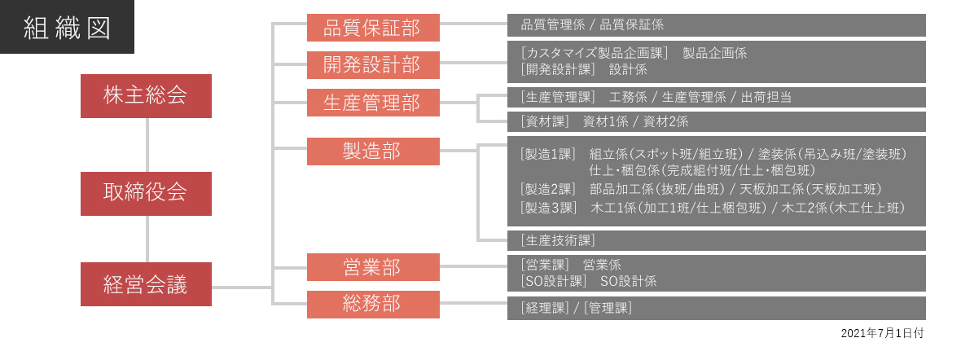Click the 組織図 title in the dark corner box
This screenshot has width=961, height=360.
pos(67,28)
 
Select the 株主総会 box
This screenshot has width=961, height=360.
pos(146,95)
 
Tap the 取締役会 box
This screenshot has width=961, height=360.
pos(146,193)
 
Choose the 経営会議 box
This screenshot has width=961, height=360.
pos(146,284)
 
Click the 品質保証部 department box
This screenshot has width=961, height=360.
pos(373,28)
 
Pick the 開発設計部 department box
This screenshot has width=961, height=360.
pos(373,65)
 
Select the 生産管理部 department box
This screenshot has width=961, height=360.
pos(373,103)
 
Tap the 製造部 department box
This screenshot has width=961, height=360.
pos(373,151)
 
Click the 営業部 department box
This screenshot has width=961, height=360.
pos(373,267)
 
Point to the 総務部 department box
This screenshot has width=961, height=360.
pos(373,304)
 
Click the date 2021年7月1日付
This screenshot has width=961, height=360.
pos(882,333)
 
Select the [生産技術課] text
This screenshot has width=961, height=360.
pos(557,239)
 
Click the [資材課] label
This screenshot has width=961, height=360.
pos(544,121)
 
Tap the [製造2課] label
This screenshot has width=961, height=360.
pos(547,190)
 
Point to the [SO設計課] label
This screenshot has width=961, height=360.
pos(552,281)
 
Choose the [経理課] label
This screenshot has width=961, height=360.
pos(544,308)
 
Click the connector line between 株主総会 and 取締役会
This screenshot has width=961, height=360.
pos(147,145)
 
